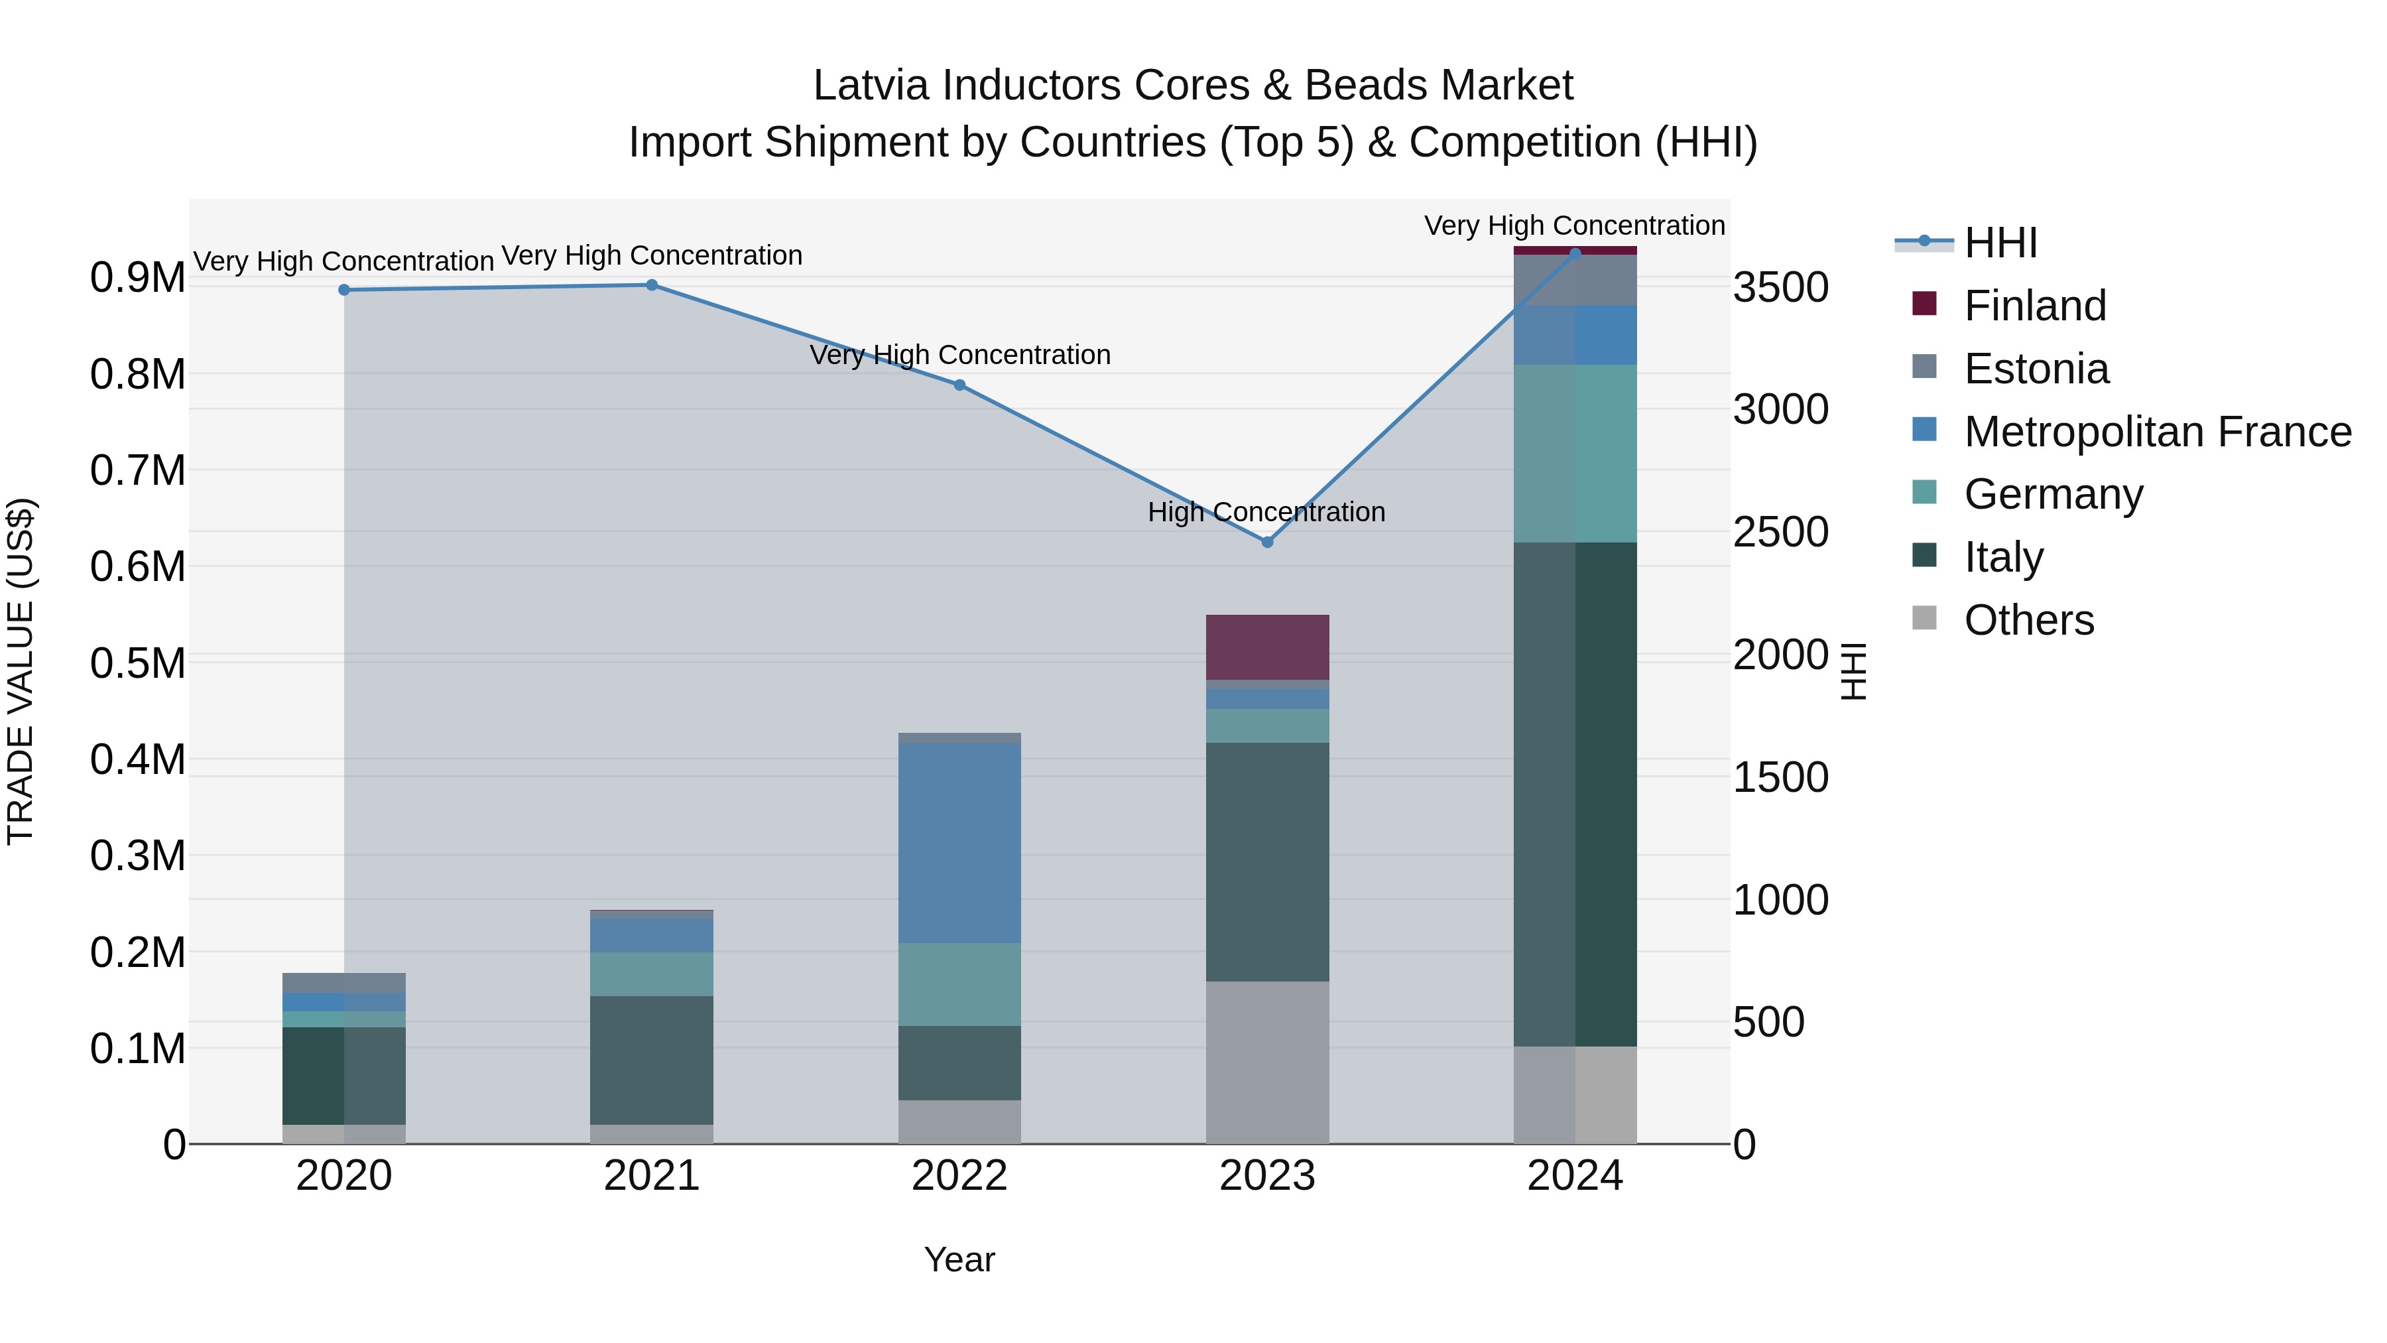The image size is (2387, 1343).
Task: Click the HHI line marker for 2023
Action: tap(1268, 543)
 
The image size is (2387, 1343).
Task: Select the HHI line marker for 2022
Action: tap(960, 385)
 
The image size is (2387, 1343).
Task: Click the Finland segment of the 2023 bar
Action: tap(1268, 647)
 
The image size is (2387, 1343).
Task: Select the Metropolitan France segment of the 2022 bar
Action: tap(960, 844)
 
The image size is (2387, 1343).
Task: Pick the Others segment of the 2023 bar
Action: tap(1268, 1062)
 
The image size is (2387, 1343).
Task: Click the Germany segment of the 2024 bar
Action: tap(1575, 453)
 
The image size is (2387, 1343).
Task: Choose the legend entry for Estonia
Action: tap(2035, 369)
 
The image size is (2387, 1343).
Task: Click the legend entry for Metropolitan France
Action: tap(2156, 432)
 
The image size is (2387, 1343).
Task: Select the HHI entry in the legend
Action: tap(2000, 243)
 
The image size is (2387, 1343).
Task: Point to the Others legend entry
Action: tap(2028, 620)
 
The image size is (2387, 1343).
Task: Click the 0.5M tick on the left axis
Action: tap(137, 664)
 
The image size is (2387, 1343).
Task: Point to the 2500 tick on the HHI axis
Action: tap(1781, 532)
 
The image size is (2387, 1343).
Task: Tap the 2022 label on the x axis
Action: tap(960, 1176)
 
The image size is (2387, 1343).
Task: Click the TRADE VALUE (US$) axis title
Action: tap(21, 671)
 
